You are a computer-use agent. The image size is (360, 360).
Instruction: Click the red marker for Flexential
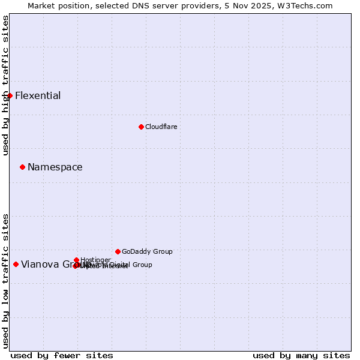(10, 95)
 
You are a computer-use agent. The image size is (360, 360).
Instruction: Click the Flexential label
(38, 96)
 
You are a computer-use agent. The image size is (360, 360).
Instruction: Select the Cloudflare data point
(141, 127)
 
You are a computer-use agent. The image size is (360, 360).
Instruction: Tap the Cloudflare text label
(161, 127)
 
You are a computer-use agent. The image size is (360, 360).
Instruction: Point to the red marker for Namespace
(22, 167)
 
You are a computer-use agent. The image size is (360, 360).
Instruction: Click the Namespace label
(55, 167)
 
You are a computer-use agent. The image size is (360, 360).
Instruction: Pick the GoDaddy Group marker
(118, 251)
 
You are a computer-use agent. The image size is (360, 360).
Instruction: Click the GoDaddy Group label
(147, 252)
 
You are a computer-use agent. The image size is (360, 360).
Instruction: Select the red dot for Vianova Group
(16, 264)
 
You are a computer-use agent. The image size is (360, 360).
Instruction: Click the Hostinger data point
(76, 260)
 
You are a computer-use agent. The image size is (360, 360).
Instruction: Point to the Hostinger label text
(95, 260)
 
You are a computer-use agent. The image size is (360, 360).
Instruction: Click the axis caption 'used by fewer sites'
(62, 355)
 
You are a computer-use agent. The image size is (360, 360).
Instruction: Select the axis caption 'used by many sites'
(301, 355)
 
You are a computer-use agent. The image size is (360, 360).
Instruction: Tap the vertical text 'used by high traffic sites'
(5, 85)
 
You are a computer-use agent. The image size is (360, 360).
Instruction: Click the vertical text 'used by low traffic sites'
(5, 280)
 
